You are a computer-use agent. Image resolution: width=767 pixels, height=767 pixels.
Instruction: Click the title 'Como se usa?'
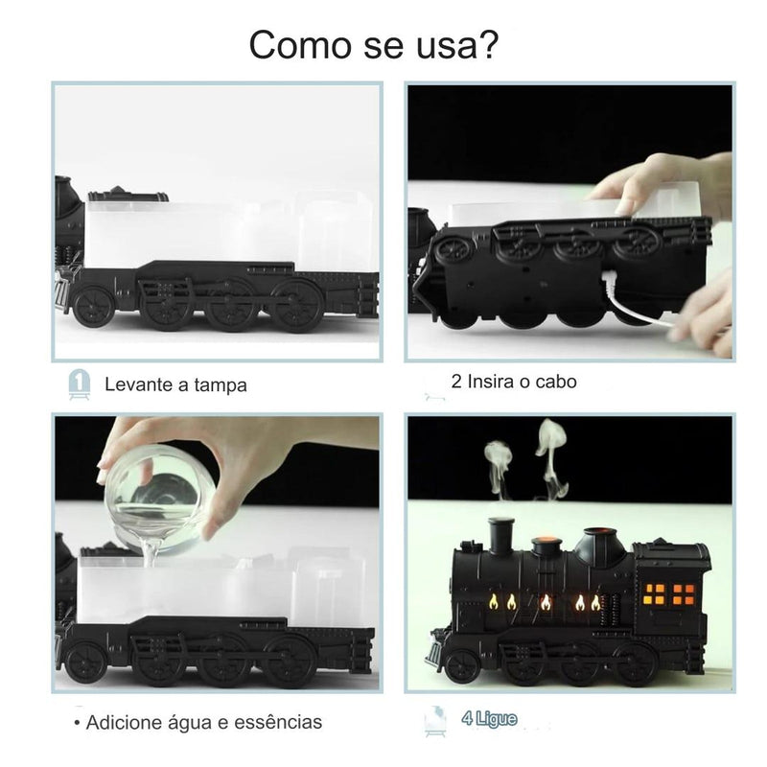coord(374,45)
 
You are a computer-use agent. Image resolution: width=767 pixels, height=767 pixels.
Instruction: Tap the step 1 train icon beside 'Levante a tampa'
coord(80,383)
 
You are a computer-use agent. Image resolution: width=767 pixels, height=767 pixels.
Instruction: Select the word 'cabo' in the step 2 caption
coord(556,382)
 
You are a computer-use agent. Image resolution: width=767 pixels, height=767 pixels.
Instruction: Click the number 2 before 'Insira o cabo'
coord(455,382)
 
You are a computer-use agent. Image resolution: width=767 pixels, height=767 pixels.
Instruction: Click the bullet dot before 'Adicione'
coord(76,722)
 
